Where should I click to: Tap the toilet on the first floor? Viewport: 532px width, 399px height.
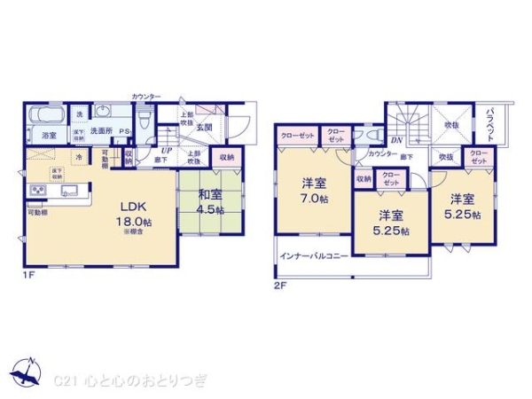pyautogui.click(x=148, y=115)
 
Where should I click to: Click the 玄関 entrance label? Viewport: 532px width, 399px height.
pyautogui.click(x=205, y=128)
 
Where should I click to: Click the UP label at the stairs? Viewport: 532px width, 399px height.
pyautogui.click(x=166, y=150)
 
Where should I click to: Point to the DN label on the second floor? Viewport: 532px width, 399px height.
pyautogui.click(x=396, y=140)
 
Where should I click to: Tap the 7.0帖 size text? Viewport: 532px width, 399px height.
pyautogui.click(x=312, y=200)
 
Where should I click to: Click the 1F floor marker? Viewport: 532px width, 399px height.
pyautogui.click(x=29, y=276)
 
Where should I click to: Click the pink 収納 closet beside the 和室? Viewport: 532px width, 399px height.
pyautogui.click(x=226, y=158)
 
